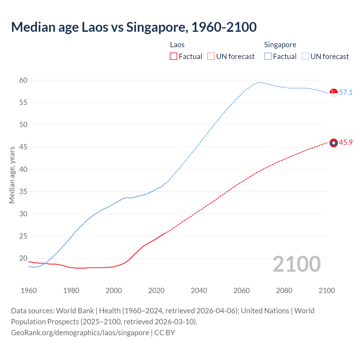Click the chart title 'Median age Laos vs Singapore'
(x=134, y=27)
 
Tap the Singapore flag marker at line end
(x=334, y=93)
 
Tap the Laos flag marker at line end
(x=334, y=143)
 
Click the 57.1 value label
(x=346, y=93)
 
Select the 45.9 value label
(x=346, y=143)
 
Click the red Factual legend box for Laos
(x=174, y=57)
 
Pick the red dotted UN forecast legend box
(x=211, y=57)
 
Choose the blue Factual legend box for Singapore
(x=268, y=57)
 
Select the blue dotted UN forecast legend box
(x=305, y=57)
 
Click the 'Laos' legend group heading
(x=177, y=45)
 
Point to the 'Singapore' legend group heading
(x=280, y=45)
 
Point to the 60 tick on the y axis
(x=23, y=80)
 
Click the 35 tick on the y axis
(x=23, y=192)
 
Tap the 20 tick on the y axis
(x=23, y=258)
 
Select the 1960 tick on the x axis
(x=29, y=291)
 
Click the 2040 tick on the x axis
(x=199, y=291)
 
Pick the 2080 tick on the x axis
(x=284, y=291)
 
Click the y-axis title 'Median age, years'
(x=12, y=175)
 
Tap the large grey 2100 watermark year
(x=296, y=264)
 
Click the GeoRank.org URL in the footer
(x=80, y=333)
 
